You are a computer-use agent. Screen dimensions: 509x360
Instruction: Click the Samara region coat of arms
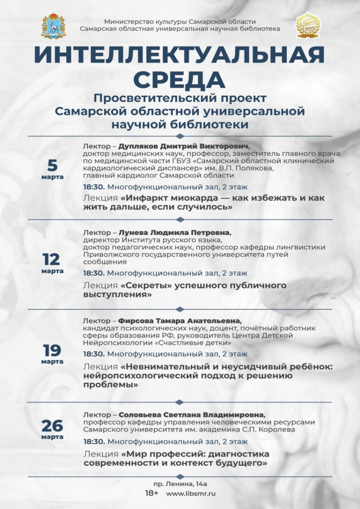pyautogui.click(x=53, y=26)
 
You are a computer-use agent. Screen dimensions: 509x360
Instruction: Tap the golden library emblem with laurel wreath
pyautogui.click(x=307, y=25)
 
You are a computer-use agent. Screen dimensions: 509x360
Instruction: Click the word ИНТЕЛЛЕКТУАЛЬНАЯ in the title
pyautogui.click(x=180, y=55)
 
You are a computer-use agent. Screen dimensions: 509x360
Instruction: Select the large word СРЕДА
pyautogui.click(x=180, y=79)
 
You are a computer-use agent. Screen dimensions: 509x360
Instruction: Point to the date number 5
pyautogui.click(x=53, y=165)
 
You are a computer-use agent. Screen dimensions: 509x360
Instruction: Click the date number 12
pyautogui.click(x=52, y=259)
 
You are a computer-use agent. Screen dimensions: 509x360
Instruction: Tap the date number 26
pyautogui.click(x=52, y=425)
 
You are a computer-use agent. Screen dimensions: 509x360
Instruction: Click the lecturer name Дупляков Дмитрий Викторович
pyautogui.click(x=184, y=146)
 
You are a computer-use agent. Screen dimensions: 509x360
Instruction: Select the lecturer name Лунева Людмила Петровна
pyautogui.click(x=174, y=233)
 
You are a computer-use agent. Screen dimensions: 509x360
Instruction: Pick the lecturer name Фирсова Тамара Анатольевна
pyautogui.click(x=180, y=321)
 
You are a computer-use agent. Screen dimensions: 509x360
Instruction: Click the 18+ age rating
pyautogui.click(x=152, y=493)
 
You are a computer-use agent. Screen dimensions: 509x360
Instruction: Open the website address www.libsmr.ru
pyautogui.click(x=191, y=494)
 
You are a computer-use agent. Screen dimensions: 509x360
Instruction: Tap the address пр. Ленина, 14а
pyautogui.click(x=180, y=484)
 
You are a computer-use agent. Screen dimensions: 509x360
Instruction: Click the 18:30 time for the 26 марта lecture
pyautogui.click(x=94, y=441)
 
